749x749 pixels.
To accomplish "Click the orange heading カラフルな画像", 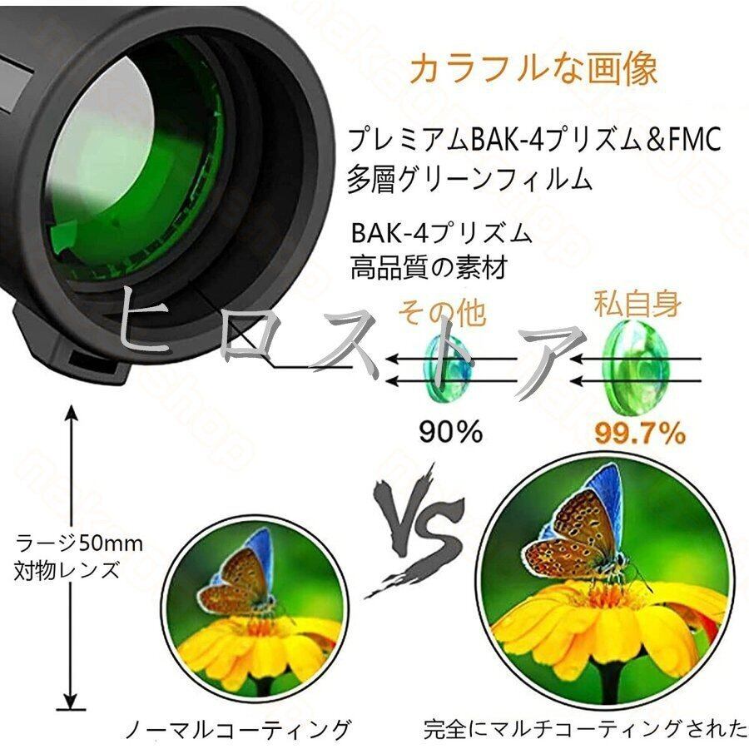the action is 533,68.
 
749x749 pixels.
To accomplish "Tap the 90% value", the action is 450,431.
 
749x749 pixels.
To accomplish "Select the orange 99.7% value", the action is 640,433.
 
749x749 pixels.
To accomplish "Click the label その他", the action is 441,315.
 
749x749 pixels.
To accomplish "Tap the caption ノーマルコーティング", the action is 237,730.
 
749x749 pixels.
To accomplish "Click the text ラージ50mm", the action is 79,544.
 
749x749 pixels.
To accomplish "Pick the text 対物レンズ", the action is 67,571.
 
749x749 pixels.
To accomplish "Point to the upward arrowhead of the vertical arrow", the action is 72,414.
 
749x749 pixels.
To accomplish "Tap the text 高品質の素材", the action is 428,267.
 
